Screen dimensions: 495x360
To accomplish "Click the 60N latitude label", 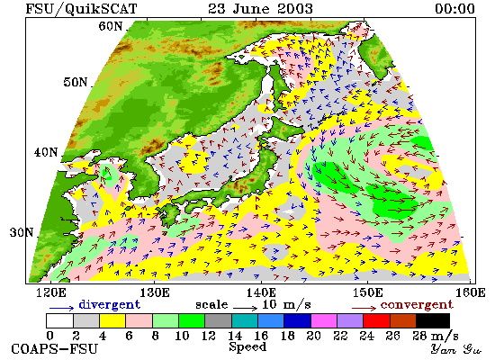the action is (111, 26).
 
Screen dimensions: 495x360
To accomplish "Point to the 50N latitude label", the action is (75, 82).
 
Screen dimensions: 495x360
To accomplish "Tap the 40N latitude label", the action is (46, 152).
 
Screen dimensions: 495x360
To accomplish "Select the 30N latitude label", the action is (22, 232).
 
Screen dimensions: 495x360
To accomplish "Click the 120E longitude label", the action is (51, 292).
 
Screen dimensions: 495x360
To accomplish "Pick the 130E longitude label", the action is (155, 292).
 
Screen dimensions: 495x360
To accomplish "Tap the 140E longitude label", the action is (261, 292).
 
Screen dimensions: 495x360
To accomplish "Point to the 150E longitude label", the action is (367, 292).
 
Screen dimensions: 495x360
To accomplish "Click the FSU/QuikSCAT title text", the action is (81, 8).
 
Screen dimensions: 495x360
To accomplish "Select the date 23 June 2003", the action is (260, 8).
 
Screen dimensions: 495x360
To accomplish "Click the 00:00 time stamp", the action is (454, 8).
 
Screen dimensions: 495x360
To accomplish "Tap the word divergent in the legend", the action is (109, 304).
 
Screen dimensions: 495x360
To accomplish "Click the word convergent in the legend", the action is (417, 305).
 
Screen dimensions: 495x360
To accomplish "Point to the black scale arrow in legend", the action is (246, 308).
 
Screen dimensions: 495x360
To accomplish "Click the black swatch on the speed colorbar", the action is (433, 320).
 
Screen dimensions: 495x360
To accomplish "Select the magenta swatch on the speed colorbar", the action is (324, 320).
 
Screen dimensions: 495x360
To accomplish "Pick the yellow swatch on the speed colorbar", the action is (112, 320).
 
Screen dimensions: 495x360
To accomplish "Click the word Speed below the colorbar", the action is (247, 346).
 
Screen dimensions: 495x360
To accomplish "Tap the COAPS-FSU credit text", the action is (55, 349).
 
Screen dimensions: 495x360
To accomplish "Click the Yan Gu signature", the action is (456, 348).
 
